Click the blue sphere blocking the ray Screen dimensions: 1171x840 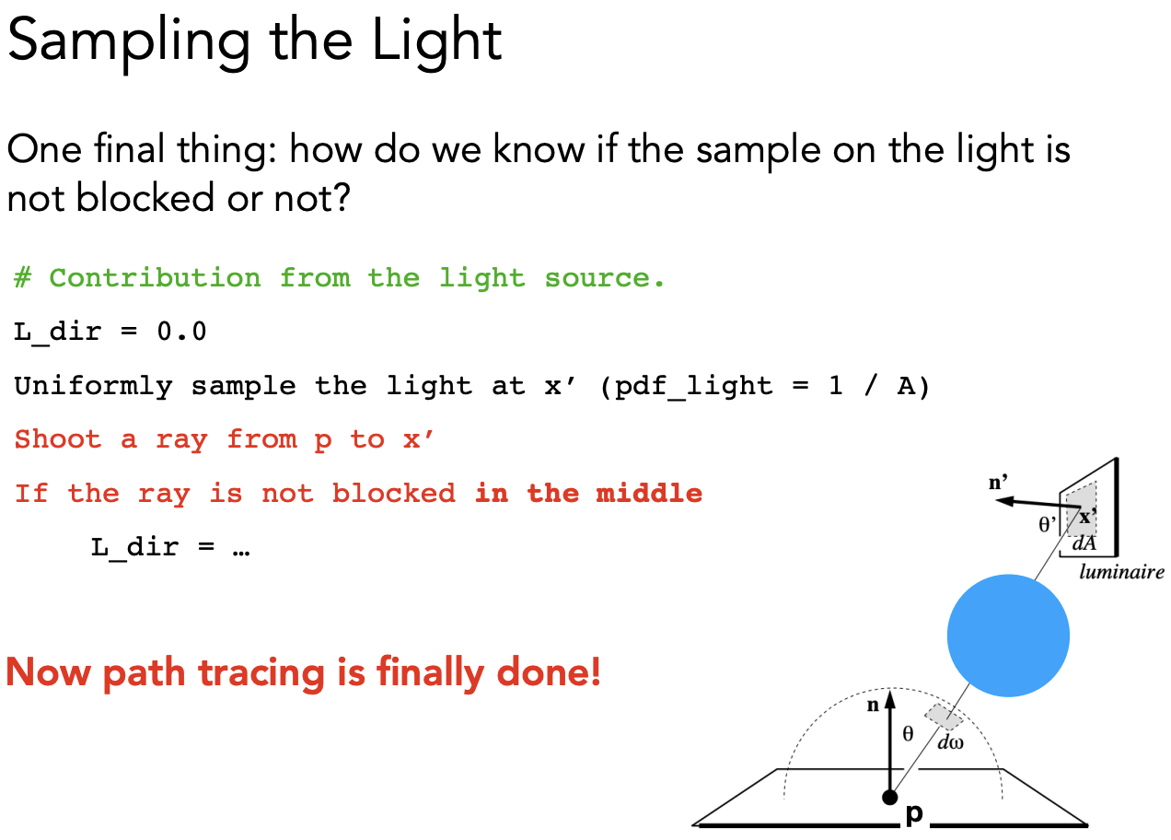1008,636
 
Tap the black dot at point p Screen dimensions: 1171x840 889,798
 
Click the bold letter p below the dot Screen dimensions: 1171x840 914,814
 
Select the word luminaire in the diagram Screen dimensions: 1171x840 1122,572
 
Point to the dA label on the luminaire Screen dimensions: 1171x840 1084,544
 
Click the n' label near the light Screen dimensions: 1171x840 998,482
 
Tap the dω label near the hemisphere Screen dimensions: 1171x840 950,742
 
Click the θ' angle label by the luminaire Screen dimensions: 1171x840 1047,524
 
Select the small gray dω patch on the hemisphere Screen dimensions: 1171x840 944,717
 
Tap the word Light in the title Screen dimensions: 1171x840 436,41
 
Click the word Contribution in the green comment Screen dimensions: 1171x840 156,277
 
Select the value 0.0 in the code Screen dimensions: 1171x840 181,332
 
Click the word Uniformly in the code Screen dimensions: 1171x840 93,387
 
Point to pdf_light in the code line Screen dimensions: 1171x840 693,388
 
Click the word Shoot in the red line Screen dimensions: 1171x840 57,439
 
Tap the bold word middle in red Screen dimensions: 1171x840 649,494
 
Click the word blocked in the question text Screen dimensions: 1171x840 145,198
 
